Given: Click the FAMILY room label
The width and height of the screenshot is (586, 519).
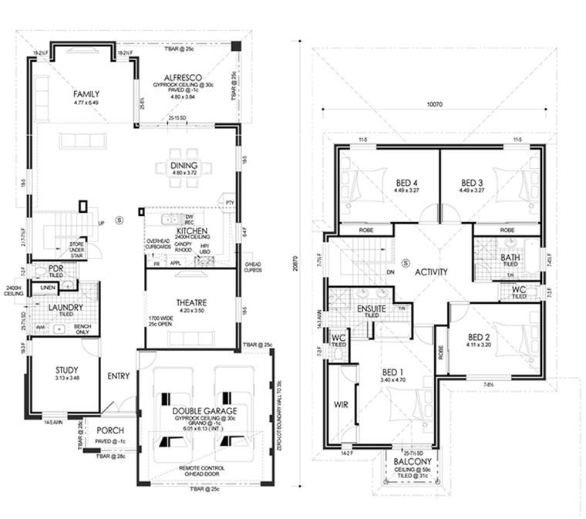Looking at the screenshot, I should click(x=86, y=94).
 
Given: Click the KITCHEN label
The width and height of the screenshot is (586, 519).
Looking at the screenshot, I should click(x=189, y=231).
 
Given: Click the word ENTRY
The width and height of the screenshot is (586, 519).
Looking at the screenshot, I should click(x=119, y=376).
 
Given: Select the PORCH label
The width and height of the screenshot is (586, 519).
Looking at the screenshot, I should click(x=110, y=431).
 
